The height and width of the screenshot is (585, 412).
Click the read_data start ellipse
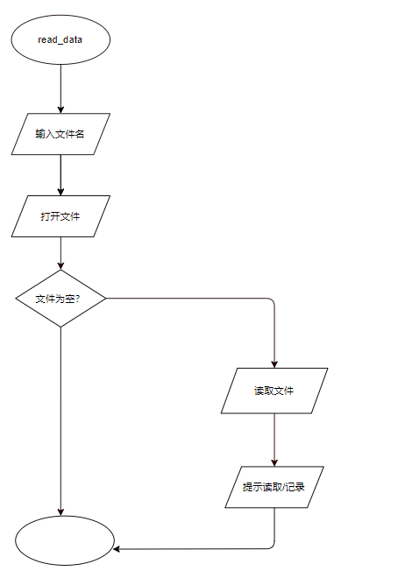pos(60,39)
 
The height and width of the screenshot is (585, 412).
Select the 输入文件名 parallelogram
pos(60,134)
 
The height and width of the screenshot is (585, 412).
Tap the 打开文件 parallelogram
pos(60,216)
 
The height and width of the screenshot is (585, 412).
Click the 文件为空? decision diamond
pos(60,299)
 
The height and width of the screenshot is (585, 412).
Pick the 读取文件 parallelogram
pos(274,391)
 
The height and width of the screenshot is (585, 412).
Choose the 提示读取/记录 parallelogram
pos(274,487)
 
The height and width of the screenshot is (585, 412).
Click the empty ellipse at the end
pos(64,540)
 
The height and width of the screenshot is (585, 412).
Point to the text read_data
pos(60,40)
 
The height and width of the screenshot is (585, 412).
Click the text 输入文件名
pos(60,134)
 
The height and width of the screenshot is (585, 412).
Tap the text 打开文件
pos(60,216)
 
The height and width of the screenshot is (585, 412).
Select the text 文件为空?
pos(58,299)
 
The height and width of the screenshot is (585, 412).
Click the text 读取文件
pos(273,391)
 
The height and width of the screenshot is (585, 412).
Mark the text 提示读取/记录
pos(273,487)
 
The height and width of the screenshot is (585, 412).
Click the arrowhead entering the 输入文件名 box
pos(60,109)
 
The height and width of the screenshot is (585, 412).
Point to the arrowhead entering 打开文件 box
pos(60,192)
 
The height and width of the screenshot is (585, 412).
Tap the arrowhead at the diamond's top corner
pos(60,265)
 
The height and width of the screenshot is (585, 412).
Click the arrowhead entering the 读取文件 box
pos(274,364)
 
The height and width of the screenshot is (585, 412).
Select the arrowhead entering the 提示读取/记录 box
pos(274,462)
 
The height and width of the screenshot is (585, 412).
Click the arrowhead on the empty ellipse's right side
pos(117,549)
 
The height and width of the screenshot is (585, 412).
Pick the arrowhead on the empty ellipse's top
pos(60,511)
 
